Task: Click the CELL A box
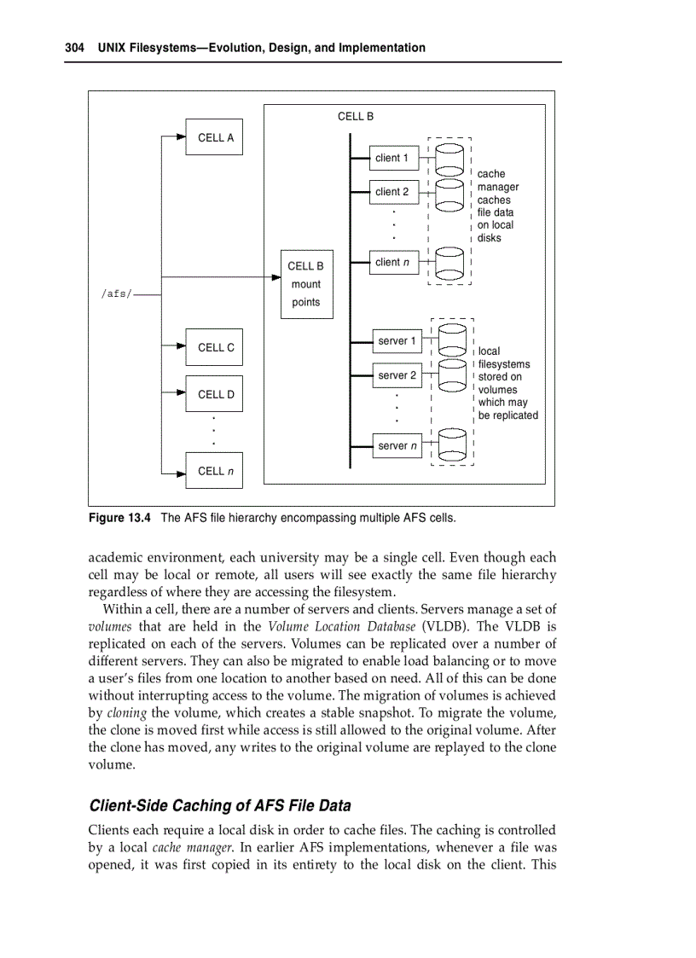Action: tap(214, 136)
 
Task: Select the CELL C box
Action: tap(214, 347)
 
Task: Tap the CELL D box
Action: tap(214, 394)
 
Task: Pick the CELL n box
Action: tap(214, 471)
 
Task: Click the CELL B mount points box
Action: tap(306, 284)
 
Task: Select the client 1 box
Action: tap(392, 158)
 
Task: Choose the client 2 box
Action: tap(392, 192)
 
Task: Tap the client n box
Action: tap(392, 263)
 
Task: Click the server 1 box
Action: tap(397, 341)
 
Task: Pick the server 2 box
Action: tap(397, 375)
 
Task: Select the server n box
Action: tap(397, 445)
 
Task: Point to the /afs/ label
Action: tap(116, 293)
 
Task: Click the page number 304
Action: tap(74, 48)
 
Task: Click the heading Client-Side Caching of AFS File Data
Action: tap(220, 805)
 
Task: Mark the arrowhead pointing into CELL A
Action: tap(180, 136)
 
